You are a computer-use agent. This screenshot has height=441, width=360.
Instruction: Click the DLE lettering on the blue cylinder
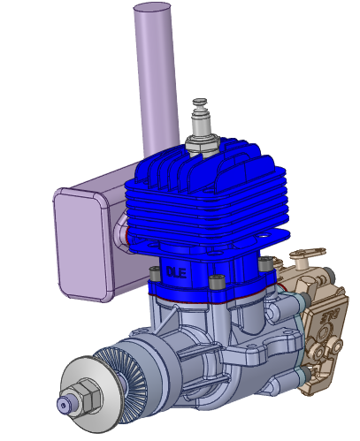(x=176, y=272)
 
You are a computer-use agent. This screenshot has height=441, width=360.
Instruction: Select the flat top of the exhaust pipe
(x=151, y=9)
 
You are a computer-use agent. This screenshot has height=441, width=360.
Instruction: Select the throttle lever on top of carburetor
(x=305, y=255)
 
